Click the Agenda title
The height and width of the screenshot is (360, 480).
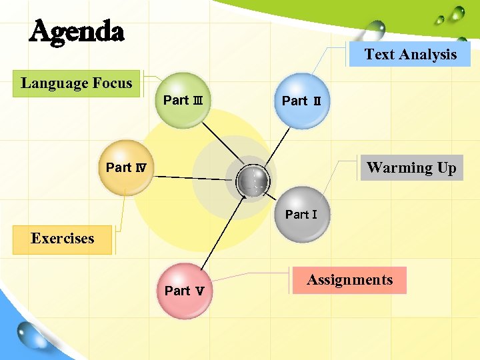(77, 31)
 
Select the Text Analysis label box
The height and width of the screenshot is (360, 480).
(410, 55)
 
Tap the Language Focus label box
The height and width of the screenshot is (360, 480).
(77, 84)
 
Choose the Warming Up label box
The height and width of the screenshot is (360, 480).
(411, 168)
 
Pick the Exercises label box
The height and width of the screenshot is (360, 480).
(63, 239)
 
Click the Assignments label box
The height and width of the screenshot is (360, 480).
(349, 280)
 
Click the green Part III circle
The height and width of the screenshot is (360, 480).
(183, 100)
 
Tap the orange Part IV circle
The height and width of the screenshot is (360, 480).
(126, 167)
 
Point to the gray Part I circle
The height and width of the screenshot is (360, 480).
(302, 215)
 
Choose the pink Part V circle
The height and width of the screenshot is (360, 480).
(183, 291)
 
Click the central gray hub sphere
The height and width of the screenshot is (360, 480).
(253, 180)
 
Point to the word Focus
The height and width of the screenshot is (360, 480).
(112, 84)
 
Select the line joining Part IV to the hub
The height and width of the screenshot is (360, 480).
(193, 177)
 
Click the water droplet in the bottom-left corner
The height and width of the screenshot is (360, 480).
(33, 333)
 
